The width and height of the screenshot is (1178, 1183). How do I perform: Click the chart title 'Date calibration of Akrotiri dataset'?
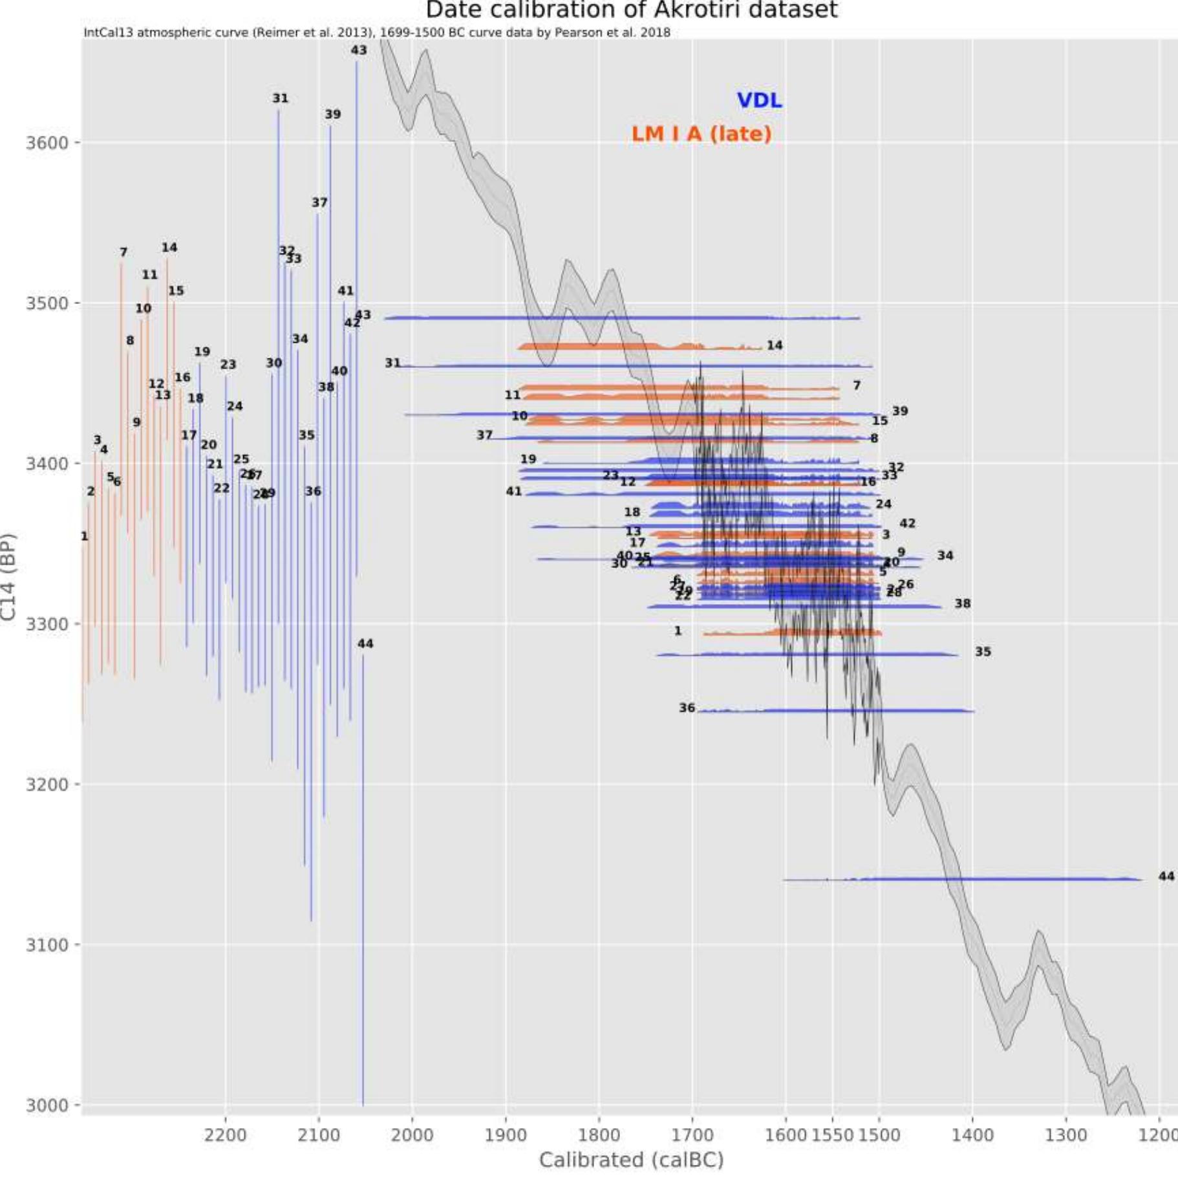coord(631,10)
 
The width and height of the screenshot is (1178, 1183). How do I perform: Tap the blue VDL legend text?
coord(759,100)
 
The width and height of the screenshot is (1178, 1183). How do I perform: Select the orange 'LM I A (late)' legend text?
coord(701,134)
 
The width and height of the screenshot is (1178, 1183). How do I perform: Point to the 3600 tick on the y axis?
coord(47,142)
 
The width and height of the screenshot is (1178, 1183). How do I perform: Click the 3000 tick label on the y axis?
coord(47,1105)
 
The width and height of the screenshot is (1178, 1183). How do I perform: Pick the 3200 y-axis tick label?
coord(47,785)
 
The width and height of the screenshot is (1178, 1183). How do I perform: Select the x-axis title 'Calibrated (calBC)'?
coord(631,1160)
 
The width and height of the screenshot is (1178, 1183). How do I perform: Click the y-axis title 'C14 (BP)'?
coord(8,576)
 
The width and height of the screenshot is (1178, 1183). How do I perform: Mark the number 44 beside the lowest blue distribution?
coord(1166,876)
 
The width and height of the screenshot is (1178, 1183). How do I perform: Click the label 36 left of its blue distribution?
coord(687,708)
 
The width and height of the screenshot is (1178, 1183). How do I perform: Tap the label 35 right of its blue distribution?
coord(983,651)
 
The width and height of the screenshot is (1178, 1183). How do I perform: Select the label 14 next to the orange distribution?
coord(775,345)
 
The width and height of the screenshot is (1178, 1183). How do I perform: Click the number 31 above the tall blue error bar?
coord(280,98)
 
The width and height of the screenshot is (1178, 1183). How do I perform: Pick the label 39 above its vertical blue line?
coord(332,114)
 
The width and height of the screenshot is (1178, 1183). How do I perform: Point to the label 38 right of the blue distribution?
coord(962,603)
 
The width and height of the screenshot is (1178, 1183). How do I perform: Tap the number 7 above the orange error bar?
coord(123,252)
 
